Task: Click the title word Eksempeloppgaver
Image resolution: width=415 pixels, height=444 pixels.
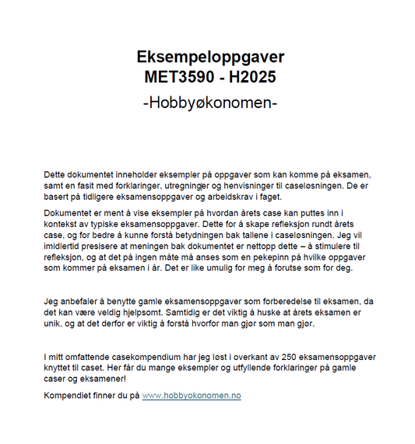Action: pyautogui.click(x=210, y=58)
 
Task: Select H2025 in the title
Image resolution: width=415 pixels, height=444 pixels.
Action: pyautogui.click(x=250, y=77)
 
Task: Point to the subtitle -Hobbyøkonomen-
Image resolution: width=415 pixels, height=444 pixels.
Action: pyautogui.click(x=210, y=103)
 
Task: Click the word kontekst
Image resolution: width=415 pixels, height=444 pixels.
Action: pyautogui.click(x=65, y=223)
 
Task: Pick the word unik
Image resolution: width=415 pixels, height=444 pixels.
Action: pyautogui.click(x=55, y=323)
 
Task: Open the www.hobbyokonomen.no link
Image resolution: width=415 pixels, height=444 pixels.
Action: pyautogui.click(x=192, y=396)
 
